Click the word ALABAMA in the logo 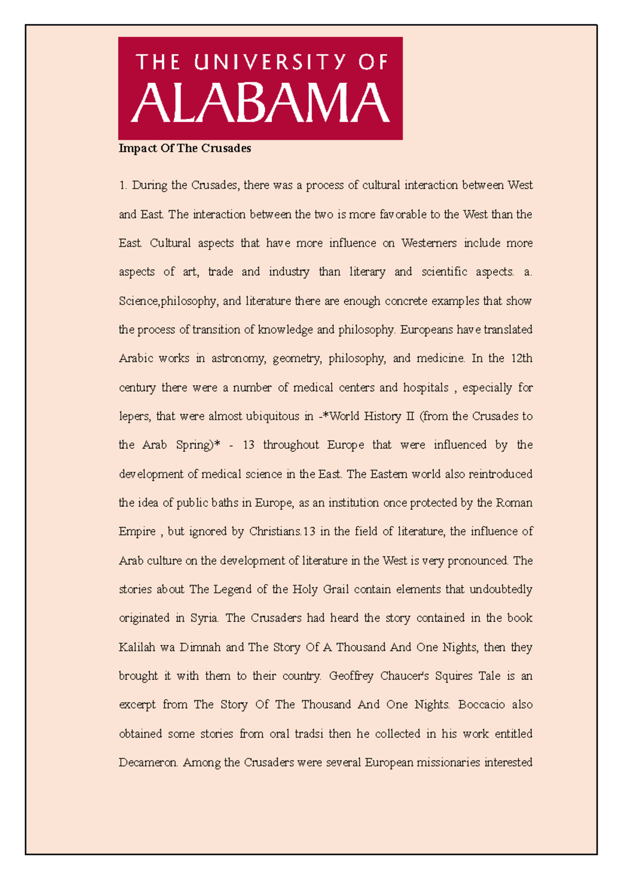pos(260,103)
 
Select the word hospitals pos(426,388)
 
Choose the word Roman pos(514,503)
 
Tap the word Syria pos(205,618)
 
